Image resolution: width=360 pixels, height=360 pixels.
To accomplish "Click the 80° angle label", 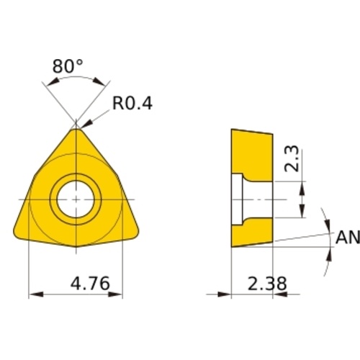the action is pyautogui.click(x=68, y=66).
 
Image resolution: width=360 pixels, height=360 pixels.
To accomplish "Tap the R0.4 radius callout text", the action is pyautogui.click(x=132, y=104).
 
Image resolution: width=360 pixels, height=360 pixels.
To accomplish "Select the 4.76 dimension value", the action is pyautogui.click(x=90, y=283).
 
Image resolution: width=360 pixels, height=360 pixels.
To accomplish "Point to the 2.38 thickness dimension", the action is pyautogui.click(x=267, y=284).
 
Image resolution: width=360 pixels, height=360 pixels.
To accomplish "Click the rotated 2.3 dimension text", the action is pyautogui.click(x=292, y=158).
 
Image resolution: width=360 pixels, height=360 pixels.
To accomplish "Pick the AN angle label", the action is pyautogui.click(x=348, y=237).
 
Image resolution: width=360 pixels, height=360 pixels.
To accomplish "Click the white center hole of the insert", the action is pyautogui.click(x=76, y=199).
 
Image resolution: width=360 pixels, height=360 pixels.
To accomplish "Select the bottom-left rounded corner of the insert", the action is pyautogui.click(x=17, y=234).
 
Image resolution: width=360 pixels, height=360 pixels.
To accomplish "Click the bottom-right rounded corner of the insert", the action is pyautogui.click(x=135, y=234).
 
